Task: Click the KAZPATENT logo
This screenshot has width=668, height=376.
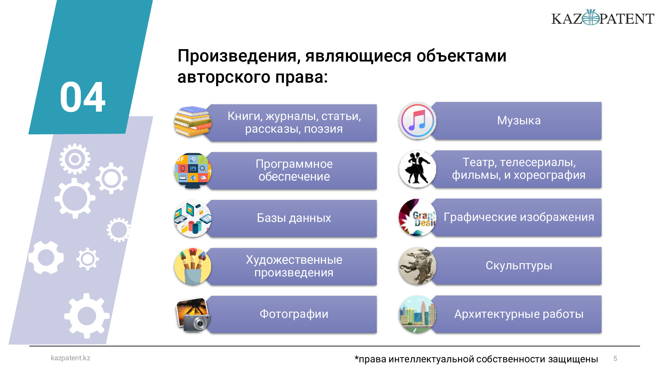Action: click(x=603, y=18)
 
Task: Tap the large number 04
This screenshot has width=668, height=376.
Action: click(x=82, y=97)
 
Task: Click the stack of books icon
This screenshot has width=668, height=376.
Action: click(x=193, y=122)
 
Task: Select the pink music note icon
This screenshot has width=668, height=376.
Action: click(x=417, y=121)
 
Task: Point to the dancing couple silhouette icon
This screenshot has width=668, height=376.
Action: click(x=417, y=169)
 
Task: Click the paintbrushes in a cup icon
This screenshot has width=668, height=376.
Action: click(x=193, y=266)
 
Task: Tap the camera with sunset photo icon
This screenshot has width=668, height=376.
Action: click(x=193, y=315)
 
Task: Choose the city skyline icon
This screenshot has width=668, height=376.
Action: click(x=417, y=314)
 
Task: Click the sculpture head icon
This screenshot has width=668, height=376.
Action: click(x=417, y=266)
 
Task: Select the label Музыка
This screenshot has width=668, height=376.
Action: click(x=519, y=120)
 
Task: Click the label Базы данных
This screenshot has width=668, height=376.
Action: click(x=294, y=218)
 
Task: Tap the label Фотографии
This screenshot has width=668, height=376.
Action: click(x=294, y=314)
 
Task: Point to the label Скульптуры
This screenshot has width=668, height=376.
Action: click(x=519, y=266)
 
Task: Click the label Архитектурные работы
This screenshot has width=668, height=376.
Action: click(x=519, y=314)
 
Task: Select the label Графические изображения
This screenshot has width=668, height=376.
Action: click(x=519, y=217)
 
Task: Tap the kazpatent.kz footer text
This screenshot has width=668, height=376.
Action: click(x=70, y=358)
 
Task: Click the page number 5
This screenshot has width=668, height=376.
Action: click(x=615, y=359)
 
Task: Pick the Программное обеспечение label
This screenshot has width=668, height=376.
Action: click(x=294, y=170)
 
